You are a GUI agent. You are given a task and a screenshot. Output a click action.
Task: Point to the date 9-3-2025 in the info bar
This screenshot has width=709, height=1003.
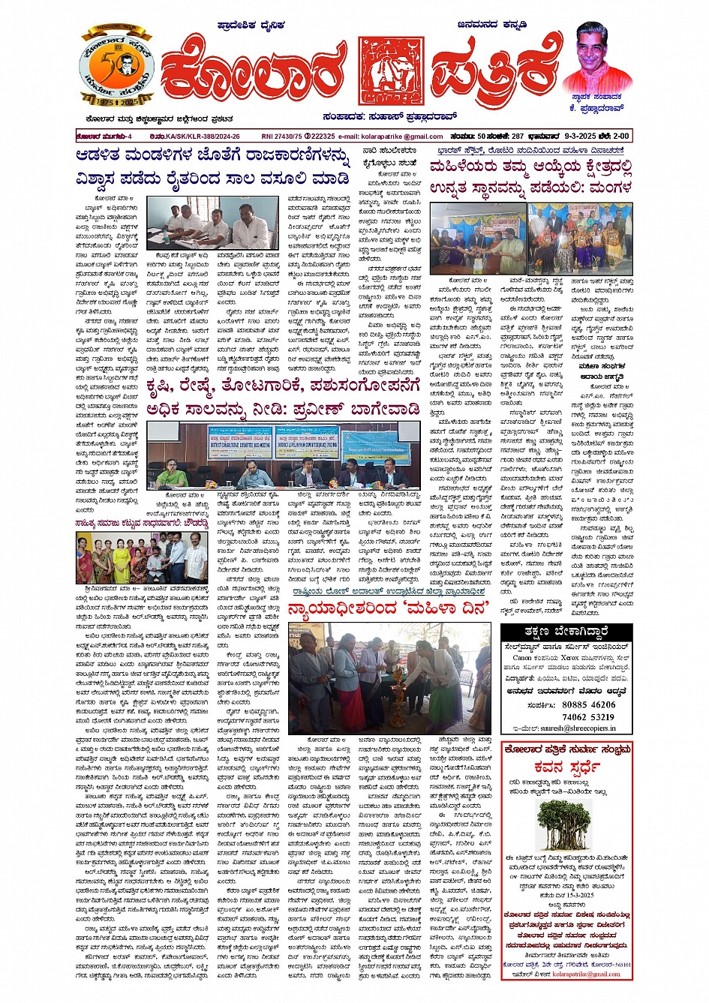click(576, 137)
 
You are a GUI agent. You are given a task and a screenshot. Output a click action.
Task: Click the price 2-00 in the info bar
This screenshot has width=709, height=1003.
click(620, 137)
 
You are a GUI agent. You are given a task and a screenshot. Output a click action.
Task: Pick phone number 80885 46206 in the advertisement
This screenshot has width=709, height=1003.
click(588, 704)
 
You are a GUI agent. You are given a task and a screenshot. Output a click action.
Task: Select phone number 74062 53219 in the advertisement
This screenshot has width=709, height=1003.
click(588, 716)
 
